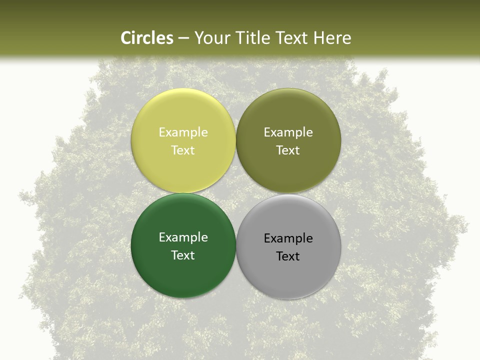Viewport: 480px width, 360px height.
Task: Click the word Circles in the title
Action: tap(147, 38)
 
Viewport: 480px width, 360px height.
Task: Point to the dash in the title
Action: tap(183, 38)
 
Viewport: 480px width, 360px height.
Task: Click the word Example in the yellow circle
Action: tap(183, 132)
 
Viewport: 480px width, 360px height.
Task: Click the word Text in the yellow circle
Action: tap(183, 150)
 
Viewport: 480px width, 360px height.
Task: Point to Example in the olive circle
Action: tap(288, 132)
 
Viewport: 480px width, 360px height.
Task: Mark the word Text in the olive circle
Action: tap(288, 150)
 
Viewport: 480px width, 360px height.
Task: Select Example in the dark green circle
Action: tap(183, 237)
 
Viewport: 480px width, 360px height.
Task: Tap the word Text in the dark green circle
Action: tap(183, 255)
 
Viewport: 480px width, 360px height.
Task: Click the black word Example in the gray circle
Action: tap(288, 238)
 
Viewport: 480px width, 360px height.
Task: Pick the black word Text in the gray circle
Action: tap(288, 256)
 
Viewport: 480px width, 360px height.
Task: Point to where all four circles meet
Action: tap(236, 193)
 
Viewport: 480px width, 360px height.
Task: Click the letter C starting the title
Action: tap(126, 38)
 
